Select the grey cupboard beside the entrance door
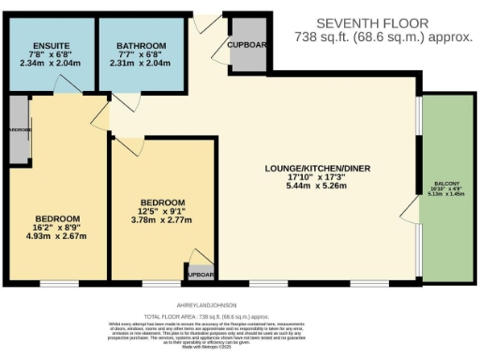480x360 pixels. coord(247,46)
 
